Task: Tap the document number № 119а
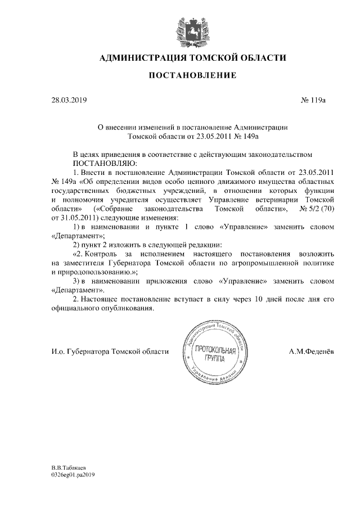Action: click(314, 100)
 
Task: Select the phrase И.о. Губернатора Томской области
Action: click(110, 352)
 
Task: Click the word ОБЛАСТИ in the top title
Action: click(261, 57)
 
